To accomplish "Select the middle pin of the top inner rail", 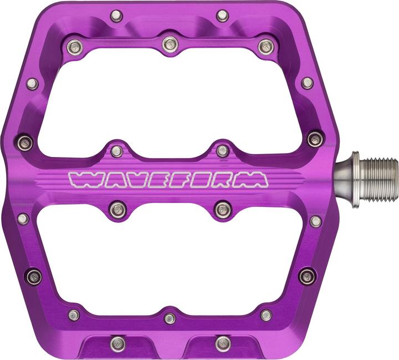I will (x=170, y=43).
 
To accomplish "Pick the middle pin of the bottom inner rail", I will (x=170, y=318).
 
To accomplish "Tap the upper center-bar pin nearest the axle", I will (x=222, y=150).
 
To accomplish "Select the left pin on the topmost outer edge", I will (x=116, y=16).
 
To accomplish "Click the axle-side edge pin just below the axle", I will (x=315, y=221).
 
